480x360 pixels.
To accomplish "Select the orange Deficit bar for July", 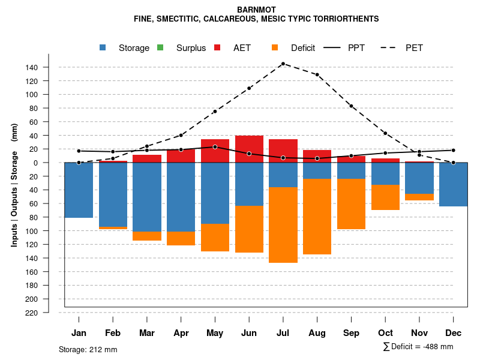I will point(283,225).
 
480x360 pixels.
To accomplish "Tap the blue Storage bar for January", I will point(79,190).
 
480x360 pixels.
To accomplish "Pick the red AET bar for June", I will point(249,149).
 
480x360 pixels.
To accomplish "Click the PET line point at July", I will point(283,64).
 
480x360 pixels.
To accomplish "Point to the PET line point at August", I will point(317,75).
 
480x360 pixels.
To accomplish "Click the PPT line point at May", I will point(215,147).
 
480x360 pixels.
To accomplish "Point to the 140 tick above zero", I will point(32,67).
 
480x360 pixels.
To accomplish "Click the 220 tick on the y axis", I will point(32,313).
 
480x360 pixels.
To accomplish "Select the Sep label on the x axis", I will point(351,333).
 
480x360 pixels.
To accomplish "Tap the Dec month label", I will point(453,333).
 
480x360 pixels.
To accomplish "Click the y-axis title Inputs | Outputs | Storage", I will point(14,186).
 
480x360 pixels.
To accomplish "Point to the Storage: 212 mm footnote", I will point(88,349).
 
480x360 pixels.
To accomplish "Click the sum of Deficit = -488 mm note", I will point(418,346).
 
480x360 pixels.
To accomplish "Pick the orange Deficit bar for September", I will point(351,204).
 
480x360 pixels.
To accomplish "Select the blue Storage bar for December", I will point(453,184).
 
